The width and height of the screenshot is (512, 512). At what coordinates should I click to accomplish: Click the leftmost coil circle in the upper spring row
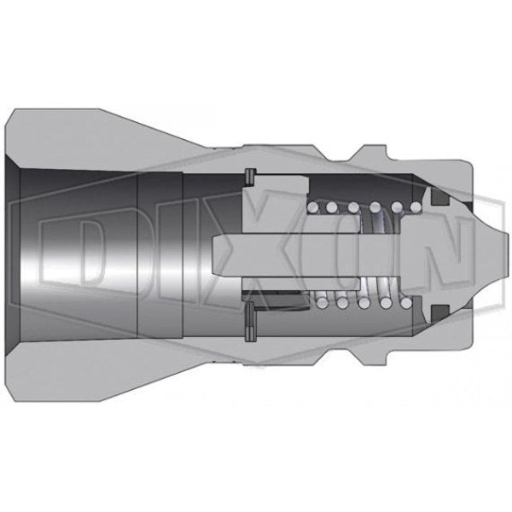click(x=313, y=207)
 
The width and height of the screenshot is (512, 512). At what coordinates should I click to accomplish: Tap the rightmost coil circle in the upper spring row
click(x=416, y=207)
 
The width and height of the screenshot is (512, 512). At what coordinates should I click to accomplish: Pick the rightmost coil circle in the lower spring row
click(x=406, y=303)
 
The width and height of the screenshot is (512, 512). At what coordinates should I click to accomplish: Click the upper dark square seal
click(x=439, y=197)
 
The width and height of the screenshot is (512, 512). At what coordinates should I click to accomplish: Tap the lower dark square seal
click(x=439, y=313)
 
